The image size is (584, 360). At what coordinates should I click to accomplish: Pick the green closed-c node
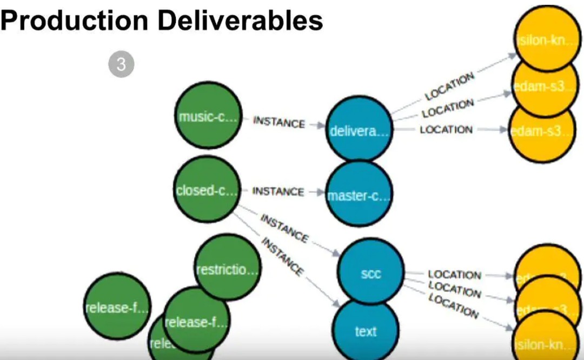click(207, 190)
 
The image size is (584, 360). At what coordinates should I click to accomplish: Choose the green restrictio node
click(227, 268)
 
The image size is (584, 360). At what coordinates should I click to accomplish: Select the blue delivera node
click(359, 130)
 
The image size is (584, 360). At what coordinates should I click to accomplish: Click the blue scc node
click(371, 273)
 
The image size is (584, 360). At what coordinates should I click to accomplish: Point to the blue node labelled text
click(366, 331)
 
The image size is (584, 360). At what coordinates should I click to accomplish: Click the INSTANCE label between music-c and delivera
click(280, 122)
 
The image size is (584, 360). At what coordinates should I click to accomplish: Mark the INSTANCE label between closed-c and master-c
click(278, 191)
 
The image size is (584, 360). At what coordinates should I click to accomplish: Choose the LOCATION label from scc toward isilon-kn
click(453, 306)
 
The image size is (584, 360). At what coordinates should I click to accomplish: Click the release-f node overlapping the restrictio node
click(196, 322)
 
